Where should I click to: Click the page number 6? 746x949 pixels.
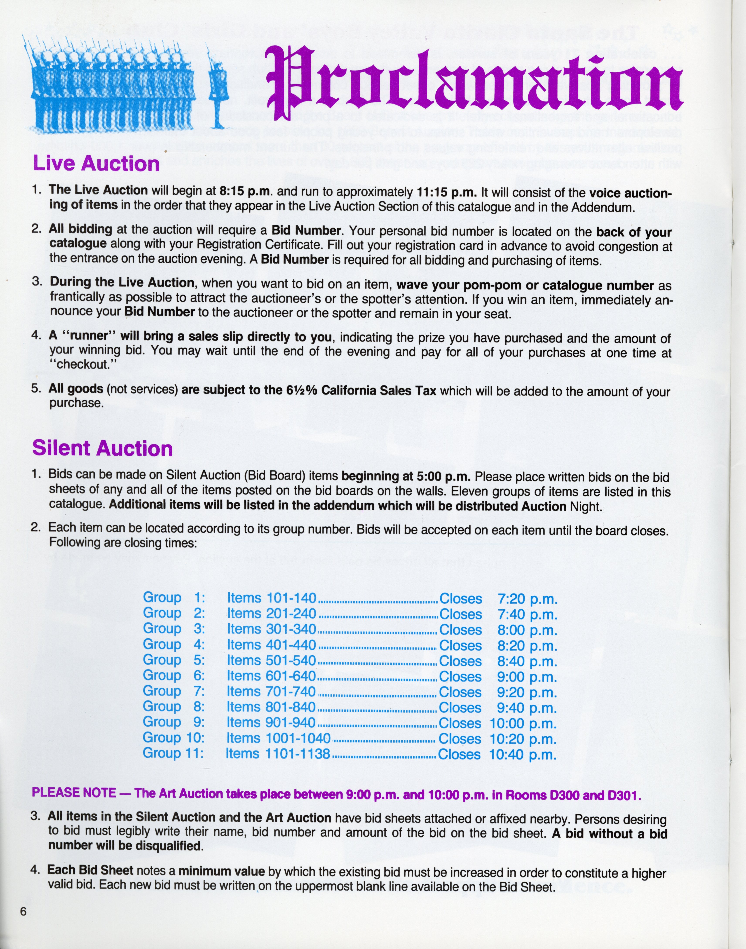pos(23,912)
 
